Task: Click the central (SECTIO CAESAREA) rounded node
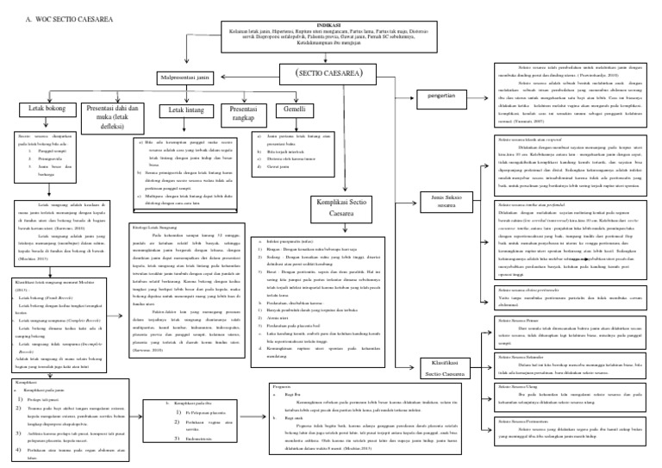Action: point(331,75)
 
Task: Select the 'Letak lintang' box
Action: point(182,110)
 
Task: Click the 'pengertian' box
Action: point(440,96)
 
